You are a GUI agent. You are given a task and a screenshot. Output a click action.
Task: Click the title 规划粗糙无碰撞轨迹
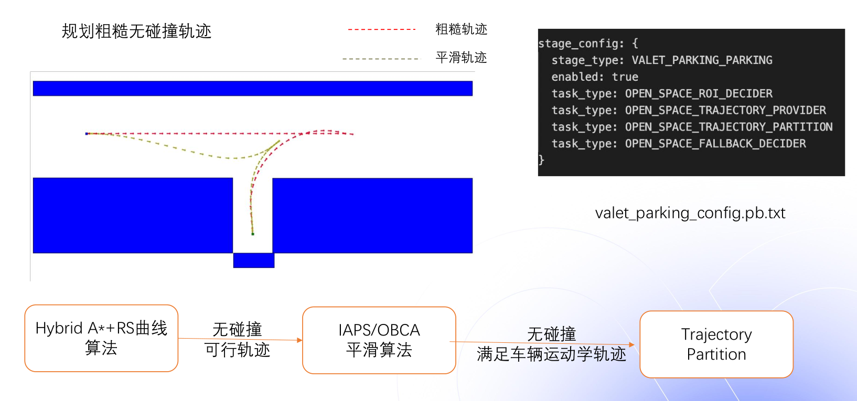click(136, 31)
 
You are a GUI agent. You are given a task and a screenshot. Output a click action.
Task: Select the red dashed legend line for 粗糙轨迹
click(381, 30)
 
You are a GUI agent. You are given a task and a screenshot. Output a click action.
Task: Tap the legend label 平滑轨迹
click(461, 58)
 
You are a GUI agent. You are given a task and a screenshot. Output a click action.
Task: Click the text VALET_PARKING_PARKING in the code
click(702, 60)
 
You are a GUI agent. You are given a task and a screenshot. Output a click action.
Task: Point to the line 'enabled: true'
click(595, 77)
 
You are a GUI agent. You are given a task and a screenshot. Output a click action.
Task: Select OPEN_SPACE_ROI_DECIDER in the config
click(699, 94)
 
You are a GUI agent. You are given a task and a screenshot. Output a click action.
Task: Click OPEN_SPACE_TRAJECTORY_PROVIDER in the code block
click(725, 111)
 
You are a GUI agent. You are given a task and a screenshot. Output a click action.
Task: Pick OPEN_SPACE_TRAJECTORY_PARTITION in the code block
click(729, 127)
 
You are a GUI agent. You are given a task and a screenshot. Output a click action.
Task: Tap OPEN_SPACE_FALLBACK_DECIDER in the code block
click(715, 144)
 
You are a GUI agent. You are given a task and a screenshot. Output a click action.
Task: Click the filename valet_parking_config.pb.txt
click(690, 213)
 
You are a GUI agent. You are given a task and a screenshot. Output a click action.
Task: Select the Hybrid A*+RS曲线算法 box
click(101, 338)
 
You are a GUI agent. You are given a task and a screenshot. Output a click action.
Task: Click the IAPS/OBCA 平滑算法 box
click(379, 340)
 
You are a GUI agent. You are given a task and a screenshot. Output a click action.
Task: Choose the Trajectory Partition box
click(716, 344)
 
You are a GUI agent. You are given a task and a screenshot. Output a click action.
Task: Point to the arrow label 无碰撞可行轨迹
click(237, 340)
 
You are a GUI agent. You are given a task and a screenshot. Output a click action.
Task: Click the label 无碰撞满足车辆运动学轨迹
click(551, 344)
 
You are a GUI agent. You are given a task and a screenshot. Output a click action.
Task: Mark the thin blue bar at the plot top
click(253, 89)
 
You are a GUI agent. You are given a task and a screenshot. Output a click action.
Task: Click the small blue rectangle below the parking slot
click(254, 261)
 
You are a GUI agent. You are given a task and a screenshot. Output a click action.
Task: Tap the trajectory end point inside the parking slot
click(253, 234)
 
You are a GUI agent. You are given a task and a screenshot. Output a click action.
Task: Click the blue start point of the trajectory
click(87, 134)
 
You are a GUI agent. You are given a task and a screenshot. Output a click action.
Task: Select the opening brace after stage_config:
click(635, 44)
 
